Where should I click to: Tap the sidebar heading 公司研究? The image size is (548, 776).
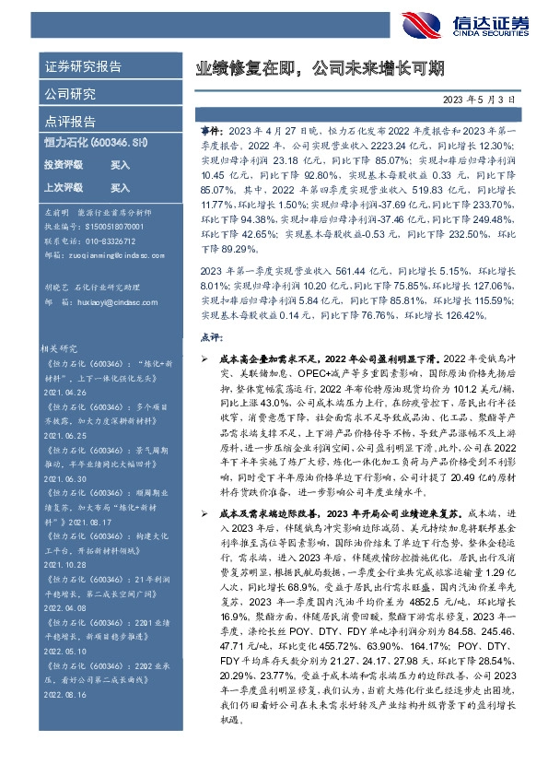coord(70,94)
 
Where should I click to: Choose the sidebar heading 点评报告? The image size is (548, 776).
coord(70,121)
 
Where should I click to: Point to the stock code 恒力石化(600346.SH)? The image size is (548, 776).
coord(94,143)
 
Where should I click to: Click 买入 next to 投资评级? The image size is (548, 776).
coord(120,165)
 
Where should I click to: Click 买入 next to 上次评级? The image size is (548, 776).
coord(120,187)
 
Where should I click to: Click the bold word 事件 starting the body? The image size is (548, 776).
coord(210,132)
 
